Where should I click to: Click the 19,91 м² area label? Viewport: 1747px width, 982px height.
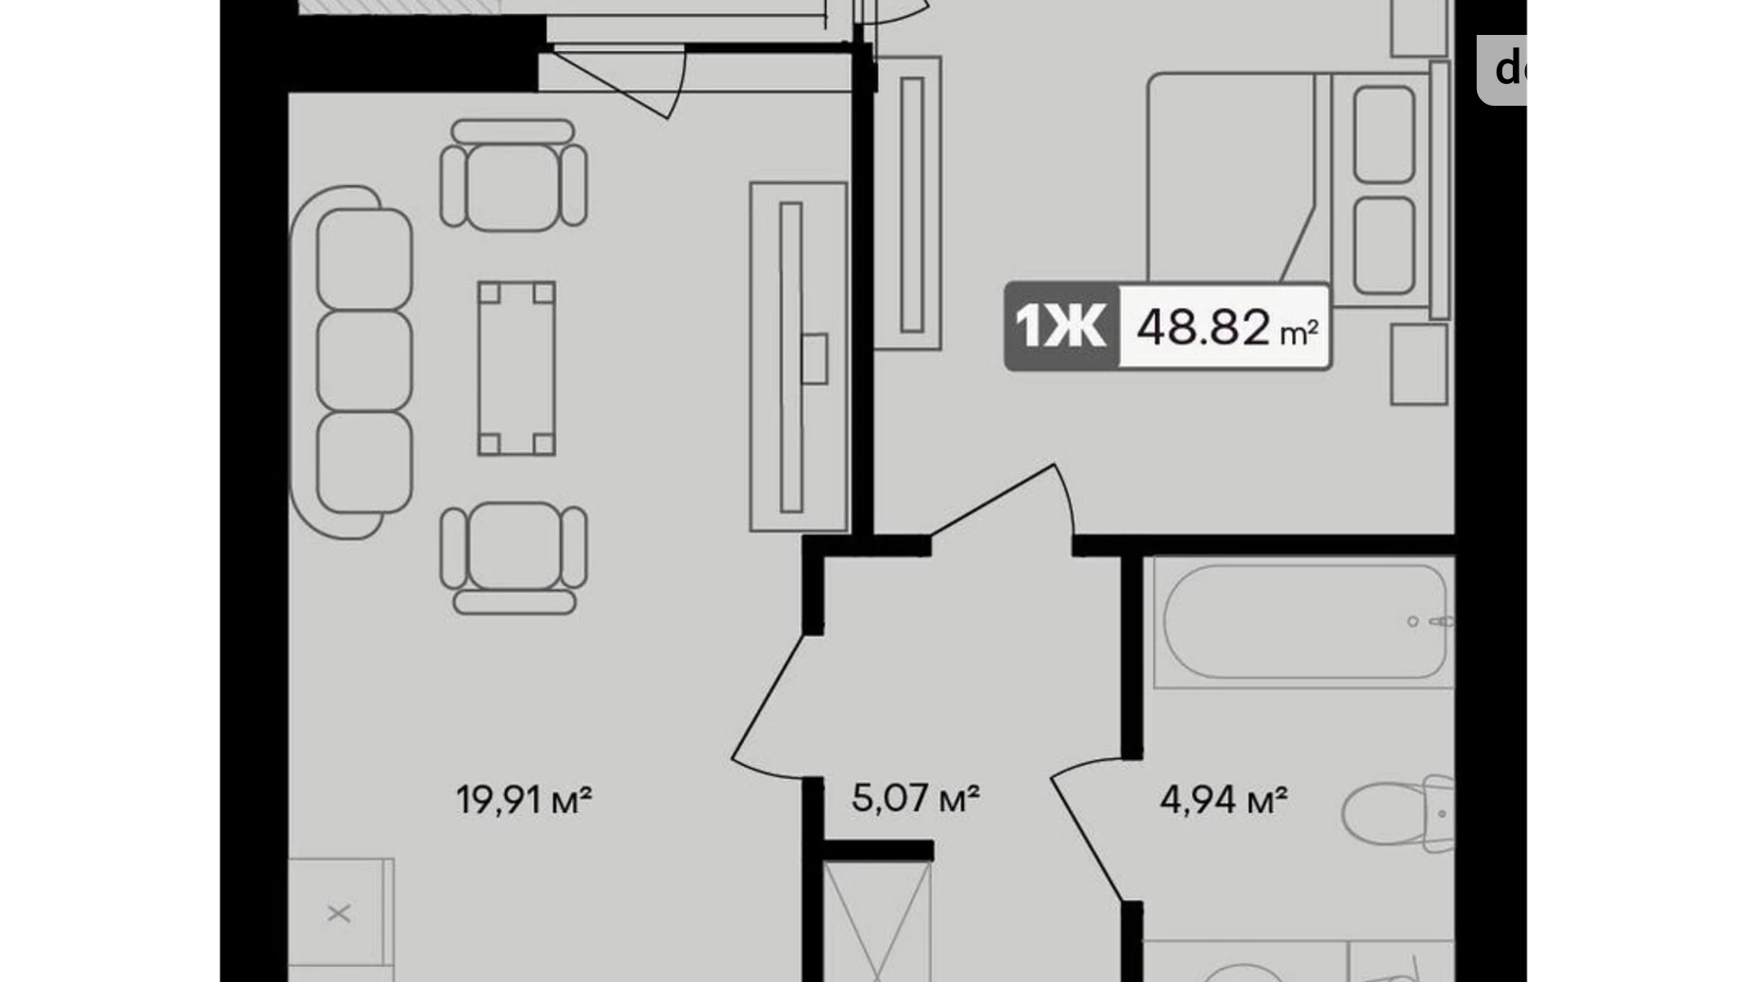524,800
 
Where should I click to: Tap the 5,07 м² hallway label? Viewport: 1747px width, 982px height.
914,798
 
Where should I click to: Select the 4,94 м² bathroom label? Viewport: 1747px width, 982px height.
1223,800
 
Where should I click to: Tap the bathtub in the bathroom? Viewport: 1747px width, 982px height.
1303,620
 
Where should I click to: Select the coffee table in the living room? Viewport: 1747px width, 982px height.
516,367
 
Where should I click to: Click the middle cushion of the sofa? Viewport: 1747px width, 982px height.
365,362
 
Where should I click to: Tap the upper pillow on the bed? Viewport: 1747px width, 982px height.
1383,133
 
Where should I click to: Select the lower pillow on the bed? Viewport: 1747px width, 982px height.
1383,245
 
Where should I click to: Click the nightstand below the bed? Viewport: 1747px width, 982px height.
1418,364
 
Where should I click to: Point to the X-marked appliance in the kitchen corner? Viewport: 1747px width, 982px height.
339,913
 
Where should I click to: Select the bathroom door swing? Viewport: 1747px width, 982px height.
1086,831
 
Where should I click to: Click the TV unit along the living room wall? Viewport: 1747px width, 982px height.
798,357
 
